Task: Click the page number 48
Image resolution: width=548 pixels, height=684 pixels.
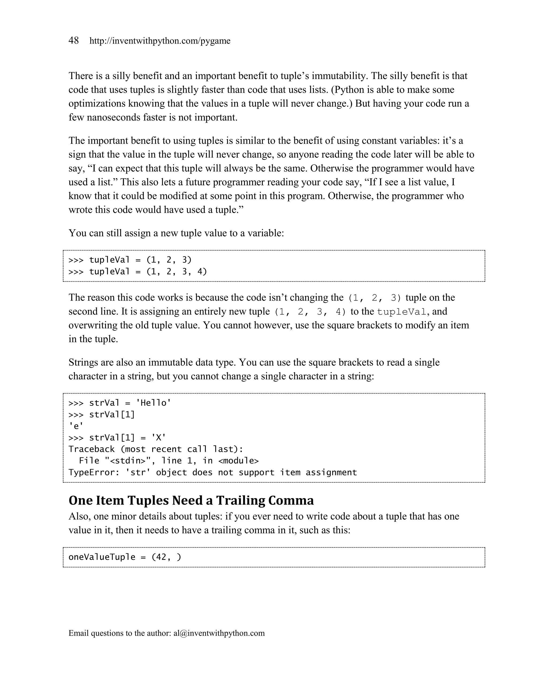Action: [74, 41]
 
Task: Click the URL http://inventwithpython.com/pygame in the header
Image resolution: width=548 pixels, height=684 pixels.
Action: [160, 41]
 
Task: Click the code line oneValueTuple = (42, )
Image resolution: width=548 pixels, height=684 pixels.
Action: [125, 557]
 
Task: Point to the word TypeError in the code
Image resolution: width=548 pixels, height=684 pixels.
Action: [91, 472]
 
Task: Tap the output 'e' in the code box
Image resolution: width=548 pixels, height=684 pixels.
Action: [76, 426]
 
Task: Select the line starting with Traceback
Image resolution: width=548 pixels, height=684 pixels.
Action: [156, 449]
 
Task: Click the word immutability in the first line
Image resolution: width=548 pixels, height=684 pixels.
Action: [339, 76]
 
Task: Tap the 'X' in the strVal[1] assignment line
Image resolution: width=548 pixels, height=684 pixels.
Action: [158, 438]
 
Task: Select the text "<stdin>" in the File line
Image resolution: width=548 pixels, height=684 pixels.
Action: [128, 461]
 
